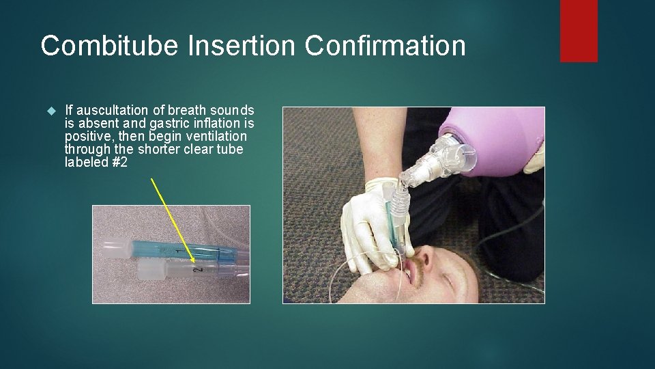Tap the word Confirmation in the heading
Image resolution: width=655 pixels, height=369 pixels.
click(x=386, y=46)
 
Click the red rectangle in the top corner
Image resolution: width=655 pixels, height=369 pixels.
click(x=579, y=30)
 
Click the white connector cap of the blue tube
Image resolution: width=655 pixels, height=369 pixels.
click(x=114, y=247)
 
